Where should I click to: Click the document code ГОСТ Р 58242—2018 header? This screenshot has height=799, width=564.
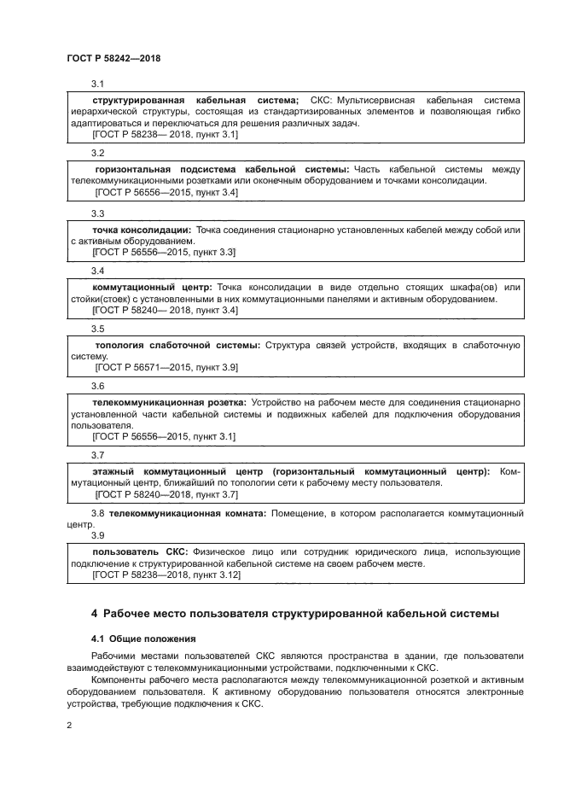113,58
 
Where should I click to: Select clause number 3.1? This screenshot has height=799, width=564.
97,84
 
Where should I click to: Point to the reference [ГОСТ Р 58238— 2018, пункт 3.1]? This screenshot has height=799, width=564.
165,134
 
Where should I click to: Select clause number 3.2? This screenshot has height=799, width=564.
97,153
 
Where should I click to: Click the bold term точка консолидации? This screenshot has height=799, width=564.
141,230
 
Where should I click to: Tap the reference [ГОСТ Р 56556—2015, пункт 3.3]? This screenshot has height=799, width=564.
163,252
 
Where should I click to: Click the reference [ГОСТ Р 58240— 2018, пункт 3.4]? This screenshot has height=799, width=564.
165,310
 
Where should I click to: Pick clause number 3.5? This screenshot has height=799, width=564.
97,329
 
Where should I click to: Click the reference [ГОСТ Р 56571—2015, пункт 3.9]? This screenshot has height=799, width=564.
166,367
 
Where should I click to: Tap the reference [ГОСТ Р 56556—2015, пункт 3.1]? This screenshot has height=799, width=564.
163,436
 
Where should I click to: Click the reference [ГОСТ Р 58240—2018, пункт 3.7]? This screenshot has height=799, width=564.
166,494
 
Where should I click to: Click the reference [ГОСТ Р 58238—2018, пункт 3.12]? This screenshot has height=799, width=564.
166,575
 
